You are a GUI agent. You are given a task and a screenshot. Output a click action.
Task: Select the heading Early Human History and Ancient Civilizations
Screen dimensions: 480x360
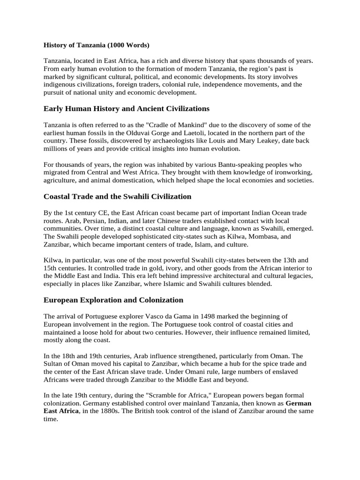(126, 109)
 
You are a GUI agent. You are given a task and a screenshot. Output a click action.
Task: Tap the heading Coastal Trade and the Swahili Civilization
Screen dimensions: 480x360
(117, 196)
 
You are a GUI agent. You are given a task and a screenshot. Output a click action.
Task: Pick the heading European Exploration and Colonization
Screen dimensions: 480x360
(113, 300)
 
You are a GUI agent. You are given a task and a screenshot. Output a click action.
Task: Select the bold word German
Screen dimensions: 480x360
(298, 404)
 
